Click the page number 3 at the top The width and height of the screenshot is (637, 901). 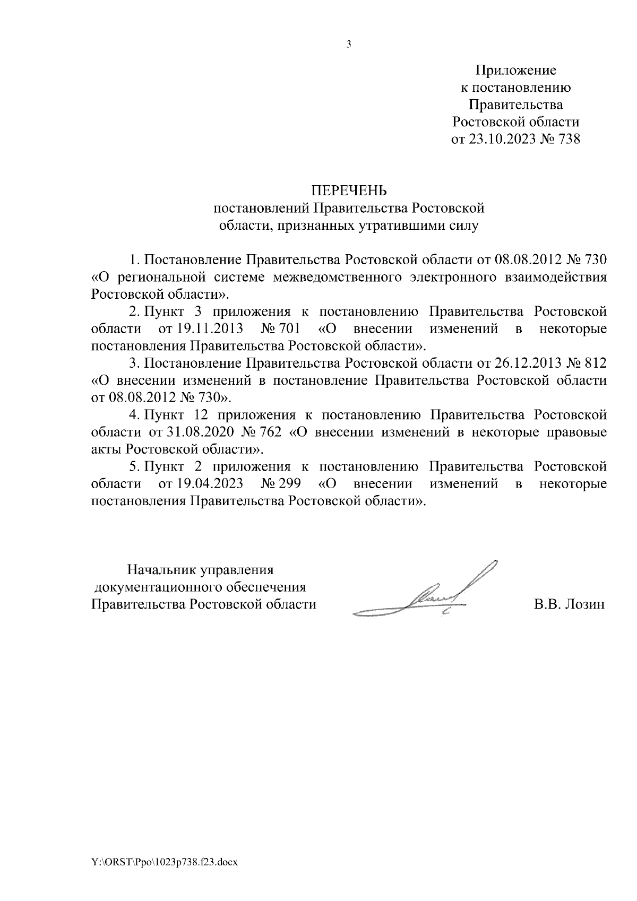click(349, 45)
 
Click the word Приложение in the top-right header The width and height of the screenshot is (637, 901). click(515, 70)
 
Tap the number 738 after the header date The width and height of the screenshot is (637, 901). click(566, 140)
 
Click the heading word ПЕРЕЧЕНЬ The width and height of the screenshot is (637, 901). click(349, 190)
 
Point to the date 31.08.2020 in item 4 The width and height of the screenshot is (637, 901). click(197, 432)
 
